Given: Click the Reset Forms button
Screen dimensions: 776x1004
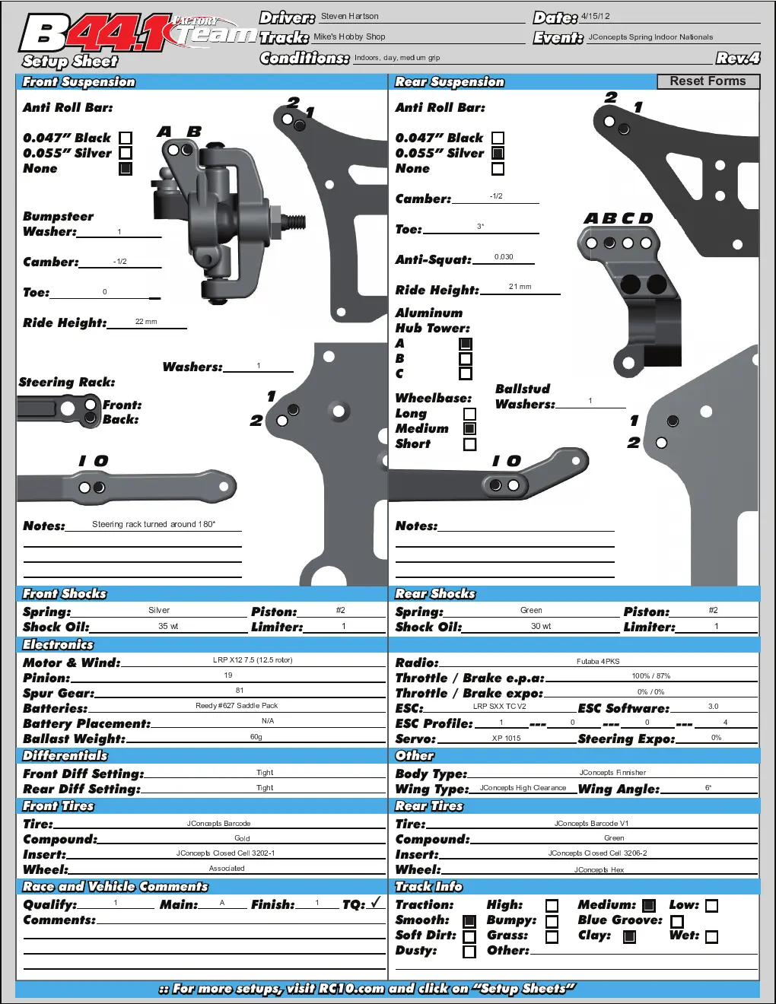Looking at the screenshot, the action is tap(708, 81).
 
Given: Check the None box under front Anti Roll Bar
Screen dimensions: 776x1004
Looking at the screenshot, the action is tap(126, 169).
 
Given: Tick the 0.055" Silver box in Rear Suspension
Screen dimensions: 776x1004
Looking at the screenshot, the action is tap(498, 154).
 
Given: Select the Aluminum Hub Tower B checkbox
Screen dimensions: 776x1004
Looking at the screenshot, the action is tap(466, 358).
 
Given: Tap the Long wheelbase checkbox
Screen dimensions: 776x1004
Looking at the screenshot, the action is tap(469, 414).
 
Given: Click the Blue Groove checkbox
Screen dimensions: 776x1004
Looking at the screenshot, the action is tap(676, 921).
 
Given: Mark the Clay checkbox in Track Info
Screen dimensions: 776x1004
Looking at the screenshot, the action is tap(629, 936).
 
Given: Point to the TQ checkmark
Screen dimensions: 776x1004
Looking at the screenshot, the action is tap(377, 901).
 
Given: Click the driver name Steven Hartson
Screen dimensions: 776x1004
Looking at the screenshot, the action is tap(349, 16).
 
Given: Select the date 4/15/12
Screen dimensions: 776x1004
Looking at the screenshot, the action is tap(595, 16).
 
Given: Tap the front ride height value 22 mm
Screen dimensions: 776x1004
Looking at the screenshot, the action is tap(146, 322).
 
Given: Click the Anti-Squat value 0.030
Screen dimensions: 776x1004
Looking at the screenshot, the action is tap(504, 257).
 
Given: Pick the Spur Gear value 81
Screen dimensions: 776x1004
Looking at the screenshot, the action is tap(240, 691).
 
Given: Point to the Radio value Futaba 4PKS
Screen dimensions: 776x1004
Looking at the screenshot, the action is tap(598, 661).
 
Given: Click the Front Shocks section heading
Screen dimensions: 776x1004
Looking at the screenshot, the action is tap(64, 594).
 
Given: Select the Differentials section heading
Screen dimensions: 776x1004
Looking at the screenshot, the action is tap(65, 755).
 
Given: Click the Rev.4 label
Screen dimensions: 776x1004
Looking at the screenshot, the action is tap(738, 59).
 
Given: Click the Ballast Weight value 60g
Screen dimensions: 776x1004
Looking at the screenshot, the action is tap(256, 736).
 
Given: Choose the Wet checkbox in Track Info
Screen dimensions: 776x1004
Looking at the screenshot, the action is tap(712, 936).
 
